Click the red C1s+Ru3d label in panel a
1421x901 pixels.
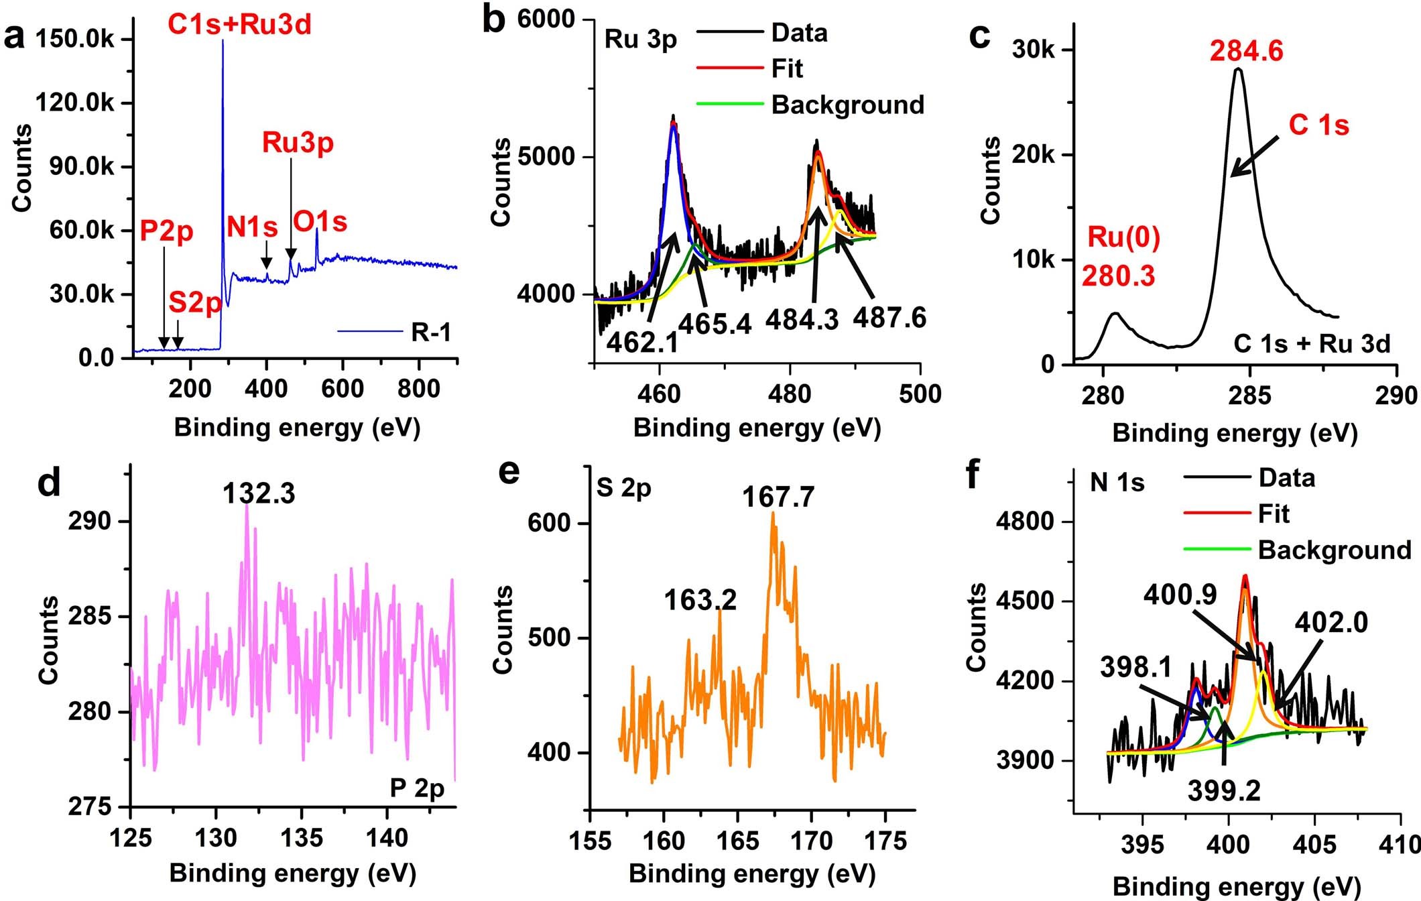239,25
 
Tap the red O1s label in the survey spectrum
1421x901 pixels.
320,222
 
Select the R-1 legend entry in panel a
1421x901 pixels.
431,332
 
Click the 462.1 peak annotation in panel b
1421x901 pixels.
642,343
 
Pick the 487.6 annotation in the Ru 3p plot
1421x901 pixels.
889,318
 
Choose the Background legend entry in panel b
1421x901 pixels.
847,105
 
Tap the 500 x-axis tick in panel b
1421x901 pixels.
920,394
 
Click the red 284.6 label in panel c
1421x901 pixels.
1246,52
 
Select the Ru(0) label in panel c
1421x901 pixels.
1123,237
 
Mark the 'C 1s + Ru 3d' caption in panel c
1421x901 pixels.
1312,344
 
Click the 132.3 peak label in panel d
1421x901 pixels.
259,493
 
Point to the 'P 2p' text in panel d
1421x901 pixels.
417,788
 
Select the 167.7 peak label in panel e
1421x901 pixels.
778,497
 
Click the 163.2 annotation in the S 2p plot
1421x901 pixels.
700,599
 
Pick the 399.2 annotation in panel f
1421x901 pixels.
1224,791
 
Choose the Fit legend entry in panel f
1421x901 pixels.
1274,514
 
